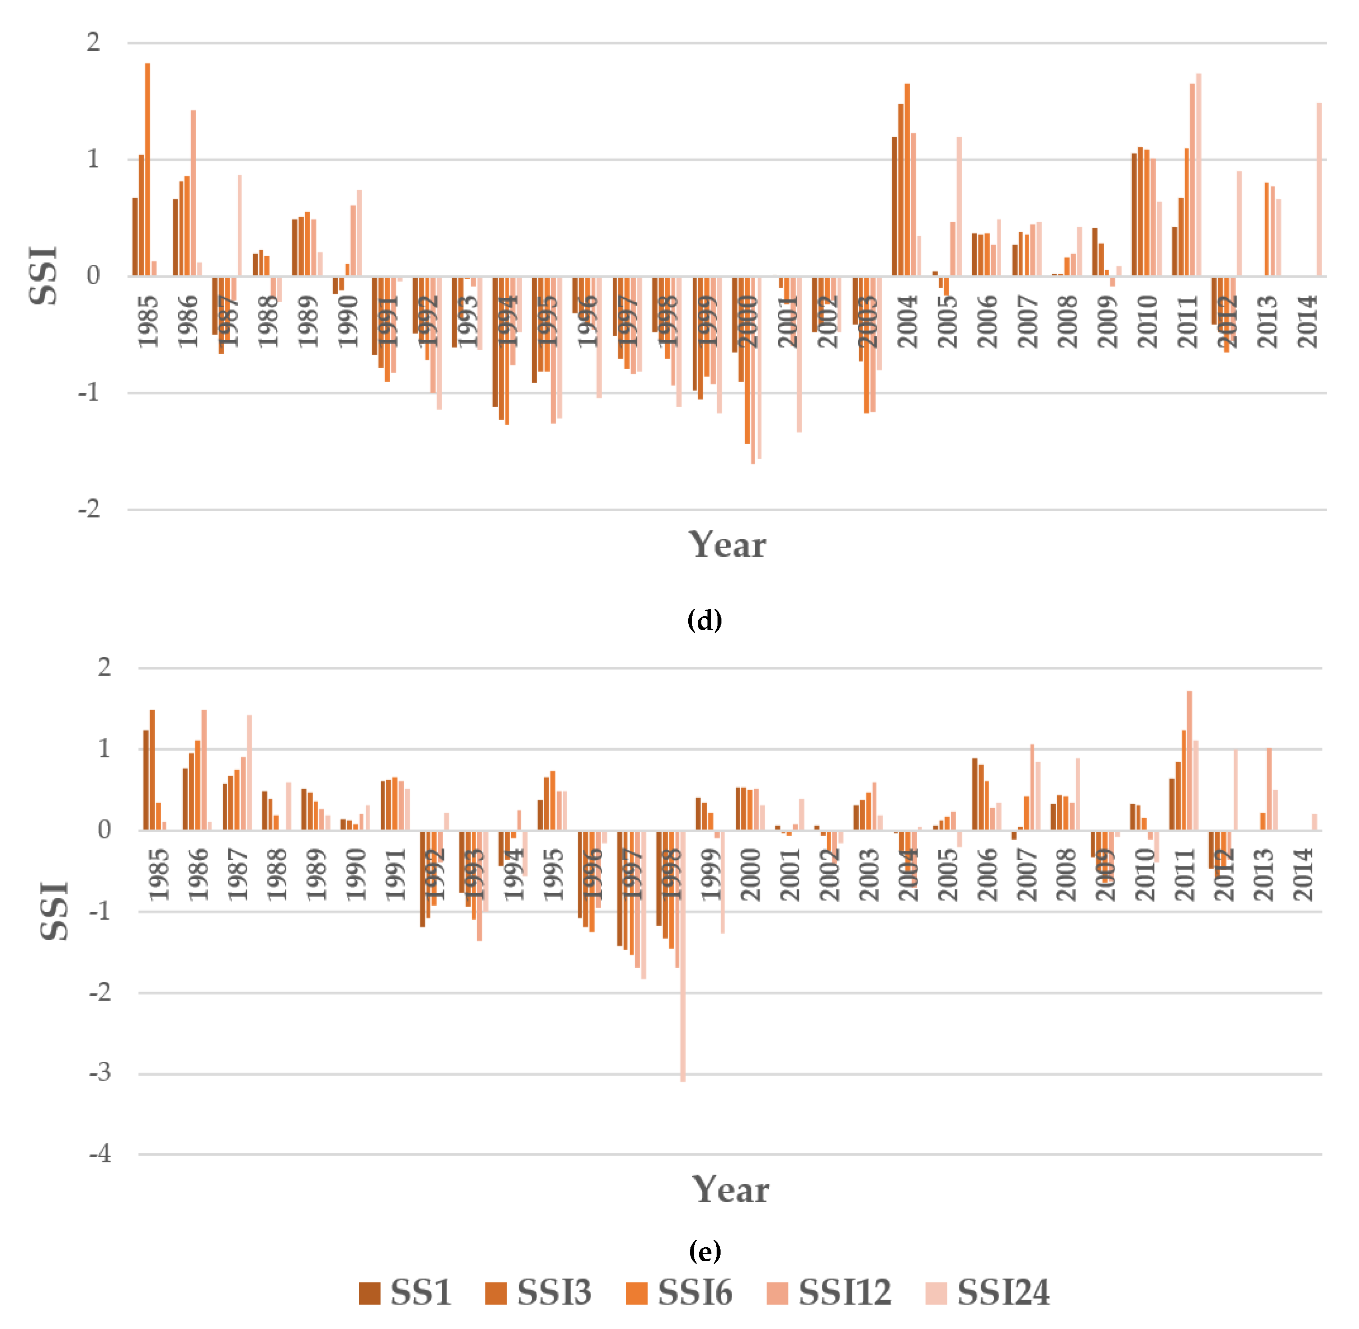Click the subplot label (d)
point(704,620)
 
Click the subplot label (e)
point(704,1252)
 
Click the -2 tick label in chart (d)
point(89,509)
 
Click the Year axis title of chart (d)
point(727,545)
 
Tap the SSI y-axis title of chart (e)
point(55,911)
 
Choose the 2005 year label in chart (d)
point(948,321)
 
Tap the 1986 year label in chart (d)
point(188,321)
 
